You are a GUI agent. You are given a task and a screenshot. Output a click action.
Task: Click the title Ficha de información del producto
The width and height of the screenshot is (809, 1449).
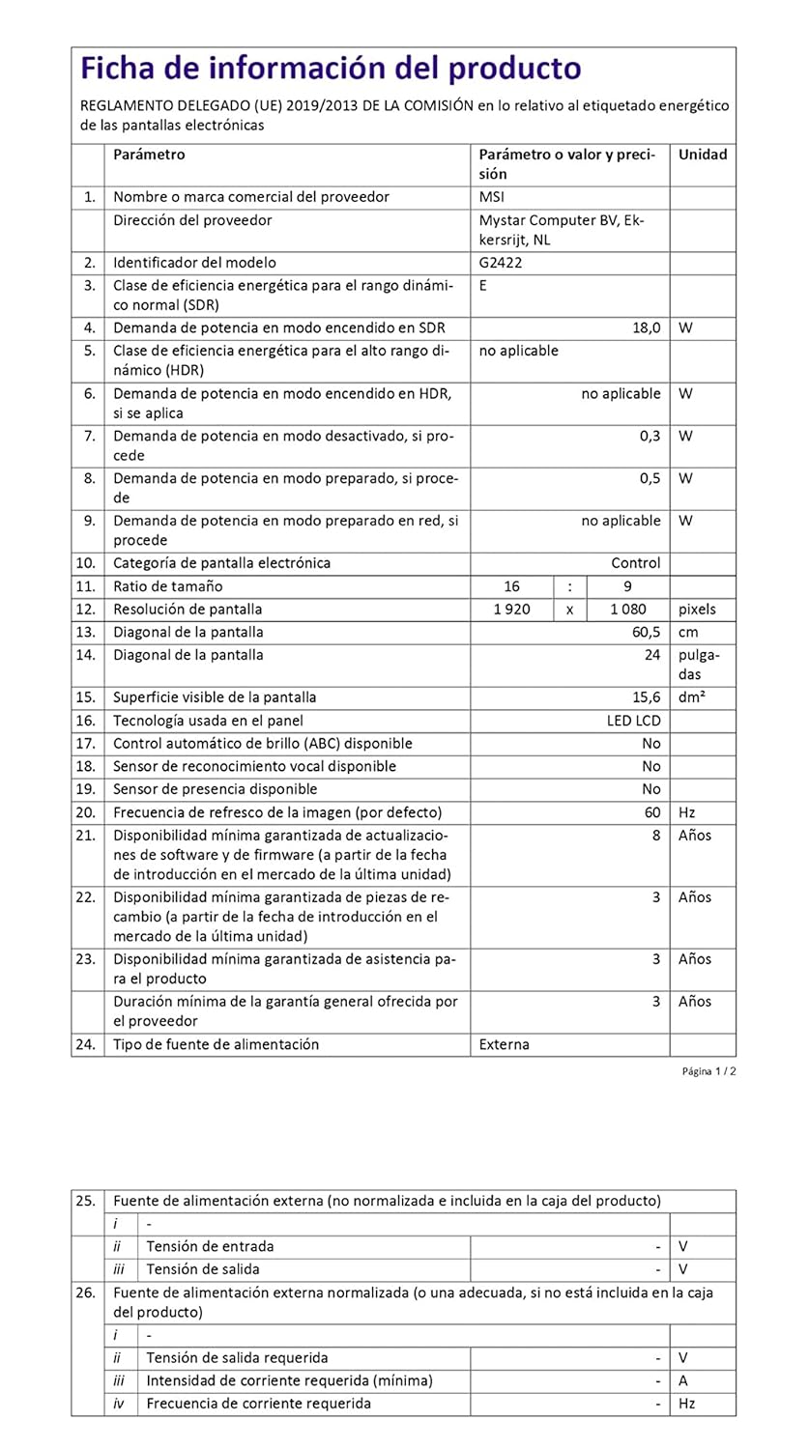point(331,70)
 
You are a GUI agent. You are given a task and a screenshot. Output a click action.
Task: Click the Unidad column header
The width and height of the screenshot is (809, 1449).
point(703,155)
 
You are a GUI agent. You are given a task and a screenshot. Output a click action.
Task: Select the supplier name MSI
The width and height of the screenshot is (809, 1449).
point(492,197)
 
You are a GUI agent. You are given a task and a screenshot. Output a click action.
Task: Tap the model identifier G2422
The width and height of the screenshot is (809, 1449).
point(499,263)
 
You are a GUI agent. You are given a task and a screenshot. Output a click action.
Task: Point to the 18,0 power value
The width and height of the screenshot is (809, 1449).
point(646,328)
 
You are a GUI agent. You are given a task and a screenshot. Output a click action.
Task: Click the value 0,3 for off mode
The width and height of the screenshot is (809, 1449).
point(650,436)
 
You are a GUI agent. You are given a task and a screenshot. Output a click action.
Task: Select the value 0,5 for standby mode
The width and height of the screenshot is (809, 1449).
point(650,478)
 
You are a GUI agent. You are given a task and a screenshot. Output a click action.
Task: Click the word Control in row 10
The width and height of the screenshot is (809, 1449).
point(636,563)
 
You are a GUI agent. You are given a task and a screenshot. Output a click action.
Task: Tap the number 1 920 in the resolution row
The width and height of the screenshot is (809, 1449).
point(511,610)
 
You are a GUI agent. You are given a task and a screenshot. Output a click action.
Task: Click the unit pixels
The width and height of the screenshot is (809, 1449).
point(697,610)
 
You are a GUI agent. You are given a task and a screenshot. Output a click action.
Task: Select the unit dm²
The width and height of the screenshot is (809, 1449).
point(692,697)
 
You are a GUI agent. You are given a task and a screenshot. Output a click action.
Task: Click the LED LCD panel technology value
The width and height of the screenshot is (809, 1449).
point(633,721)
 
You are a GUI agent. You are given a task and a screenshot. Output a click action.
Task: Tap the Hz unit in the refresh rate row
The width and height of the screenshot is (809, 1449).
point(687,812)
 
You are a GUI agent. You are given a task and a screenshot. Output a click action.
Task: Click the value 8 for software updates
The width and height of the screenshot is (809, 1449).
point(656,836)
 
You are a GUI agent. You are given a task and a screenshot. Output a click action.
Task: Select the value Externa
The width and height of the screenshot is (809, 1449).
point(505,1044)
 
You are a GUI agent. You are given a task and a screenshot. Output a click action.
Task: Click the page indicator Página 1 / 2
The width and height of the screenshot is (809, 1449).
point(709,1071)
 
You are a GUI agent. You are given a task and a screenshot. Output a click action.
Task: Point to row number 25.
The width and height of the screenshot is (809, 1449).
point(85,1201)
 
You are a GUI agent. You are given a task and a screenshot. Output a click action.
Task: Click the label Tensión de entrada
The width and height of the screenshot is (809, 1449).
point(210,1246)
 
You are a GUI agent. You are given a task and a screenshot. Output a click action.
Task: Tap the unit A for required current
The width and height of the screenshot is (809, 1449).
point(684,1380)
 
